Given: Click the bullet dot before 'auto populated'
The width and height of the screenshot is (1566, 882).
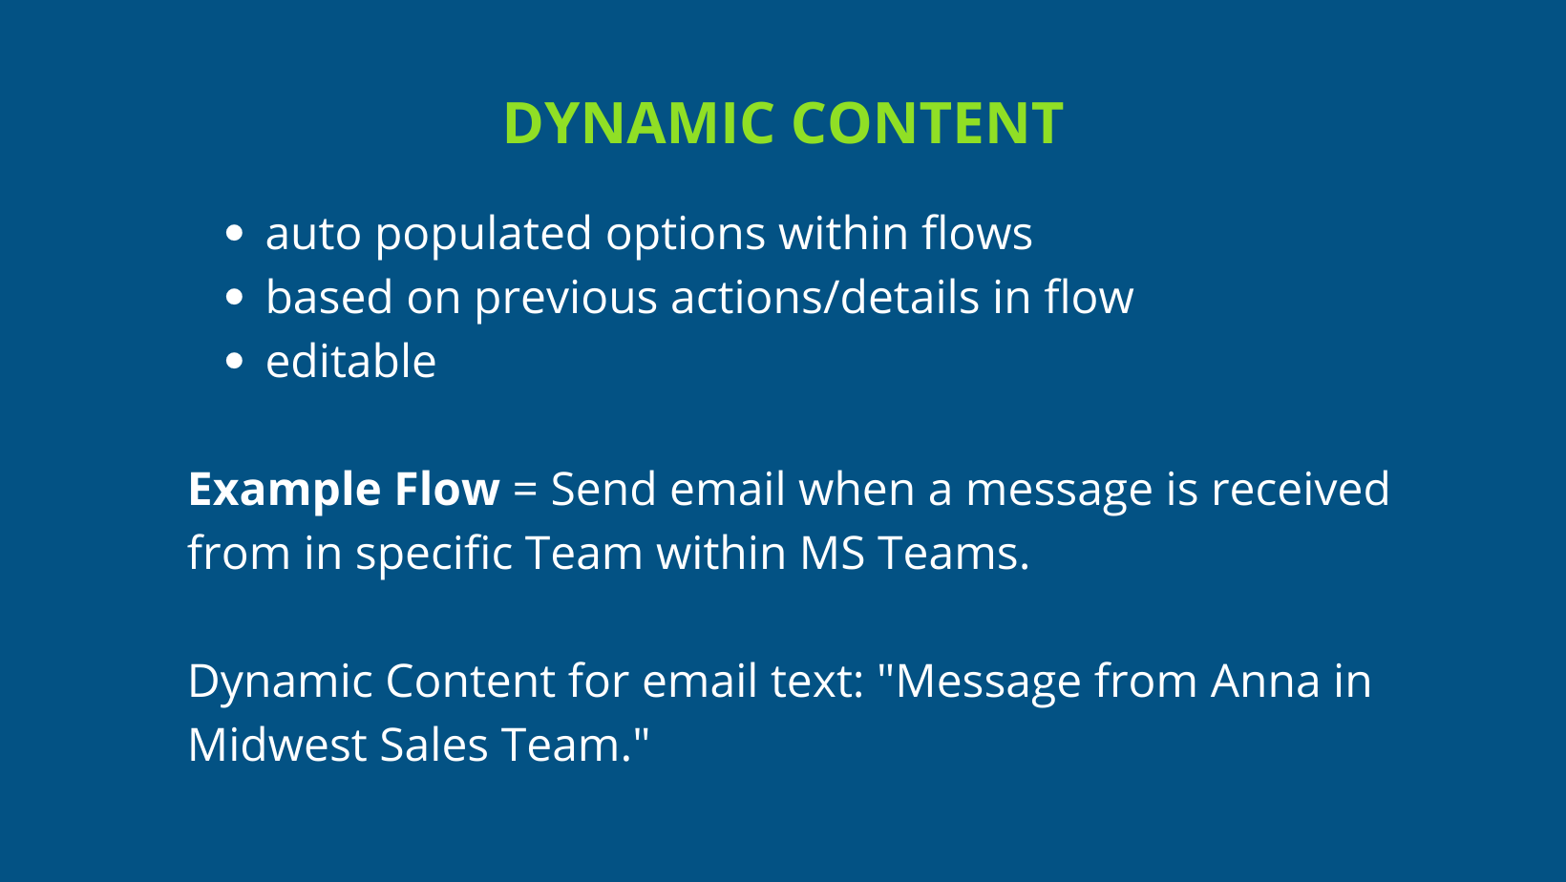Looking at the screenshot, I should pos(234,234).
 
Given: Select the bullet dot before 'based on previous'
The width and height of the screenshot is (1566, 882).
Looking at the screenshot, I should pos(234,298).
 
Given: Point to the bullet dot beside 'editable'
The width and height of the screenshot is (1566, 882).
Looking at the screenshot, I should pos(234,362).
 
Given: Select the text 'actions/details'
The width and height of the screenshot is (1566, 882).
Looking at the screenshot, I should pos(824,297).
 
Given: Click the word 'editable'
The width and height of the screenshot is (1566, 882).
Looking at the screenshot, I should pos(350,362).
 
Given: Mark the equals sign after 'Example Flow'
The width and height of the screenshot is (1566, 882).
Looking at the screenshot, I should pos(525,491).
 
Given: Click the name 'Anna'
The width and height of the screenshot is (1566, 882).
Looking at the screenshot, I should pos(1265,682).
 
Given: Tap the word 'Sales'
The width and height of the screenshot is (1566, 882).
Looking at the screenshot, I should pos(434,745).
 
